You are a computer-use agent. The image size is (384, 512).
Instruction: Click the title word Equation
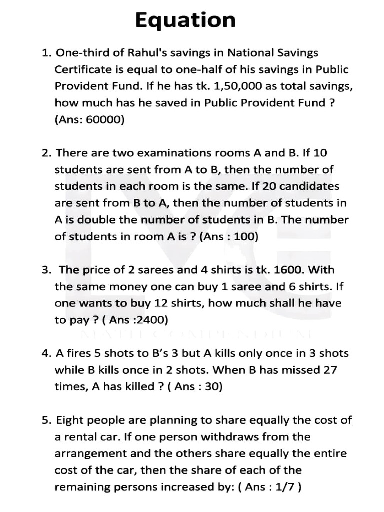click(185, 21)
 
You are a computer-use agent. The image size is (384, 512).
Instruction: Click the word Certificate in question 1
click(81, 69)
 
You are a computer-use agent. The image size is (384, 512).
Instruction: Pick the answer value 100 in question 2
click(244, 236)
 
